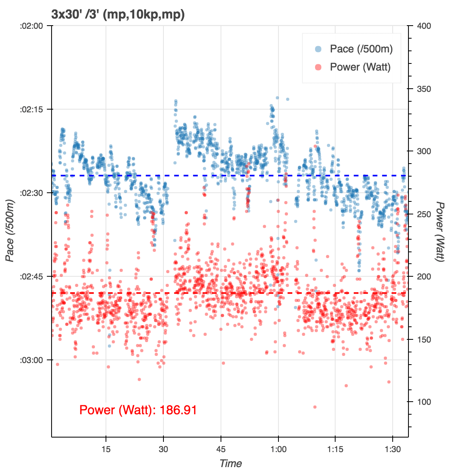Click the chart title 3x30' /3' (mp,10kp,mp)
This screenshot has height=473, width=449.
(x=118, y=15)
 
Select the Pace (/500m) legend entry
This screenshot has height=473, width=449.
(x=361, y=49)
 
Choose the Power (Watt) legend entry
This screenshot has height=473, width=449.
(x=360, y=67)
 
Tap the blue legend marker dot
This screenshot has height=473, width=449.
(x=318, y=49)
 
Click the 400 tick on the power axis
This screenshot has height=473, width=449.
(x=424, y=26)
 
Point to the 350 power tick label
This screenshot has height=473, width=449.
(x=424, y=89)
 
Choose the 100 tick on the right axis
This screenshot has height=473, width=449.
(x=424, y=402)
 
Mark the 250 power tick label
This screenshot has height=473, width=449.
(x=424, y=214)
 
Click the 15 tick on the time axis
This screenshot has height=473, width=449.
(x=106, y=449)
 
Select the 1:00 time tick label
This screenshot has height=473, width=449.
(x=278, y=449)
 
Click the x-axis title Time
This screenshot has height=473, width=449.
(x=230, y=464)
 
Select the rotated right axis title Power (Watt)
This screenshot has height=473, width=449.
(x=440, y=231)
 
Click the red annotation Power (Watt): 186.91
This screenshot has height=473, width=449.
(x=138, y=410)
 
